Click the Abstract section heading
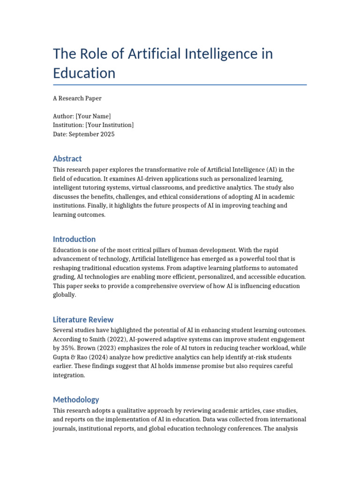67,158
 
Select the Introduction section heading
74,239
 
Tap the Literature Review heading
83,320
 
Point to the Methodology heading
76,400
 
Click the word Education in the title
84,73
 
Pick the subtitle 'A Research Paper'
77,98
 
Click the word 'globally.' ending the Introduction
64,295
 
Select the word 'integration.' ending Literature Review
69,375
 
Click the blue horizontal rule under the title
180,85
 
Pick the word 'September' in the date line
83,134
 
